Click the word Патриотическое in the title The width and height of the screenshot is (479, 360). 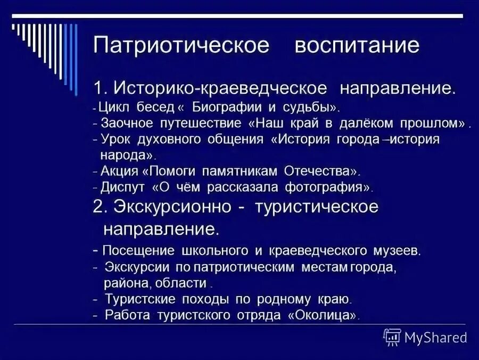181,45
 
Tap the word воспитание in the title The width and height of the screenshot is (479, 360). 357,45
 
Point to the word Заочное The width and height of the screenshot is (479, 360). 126,124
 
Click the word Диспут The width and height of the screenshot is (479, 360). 122,187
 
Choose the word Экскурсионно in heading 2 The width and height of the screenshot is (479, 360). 170,207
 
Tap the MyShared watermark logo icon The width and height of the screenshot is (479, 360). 392,337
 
